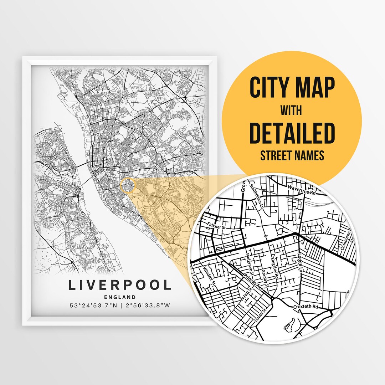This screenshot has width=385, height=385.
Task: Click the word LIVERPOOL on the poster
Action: [120, 285]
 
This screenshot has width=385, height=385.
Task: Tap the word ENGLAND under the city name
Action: [120, 297]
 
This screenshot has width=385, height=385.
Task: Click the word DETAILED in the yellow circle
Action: [292, 133]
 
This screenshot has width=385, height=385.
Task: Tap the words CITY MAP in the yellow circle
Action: [292, 88]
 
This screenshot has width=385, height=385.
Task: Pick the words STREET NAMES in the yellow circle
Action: [292, 155]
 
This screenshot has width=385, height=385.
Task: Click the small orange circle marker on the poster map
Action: [128, 186]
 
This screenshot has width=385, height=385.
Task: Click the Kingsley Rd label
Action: [275, 268]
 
